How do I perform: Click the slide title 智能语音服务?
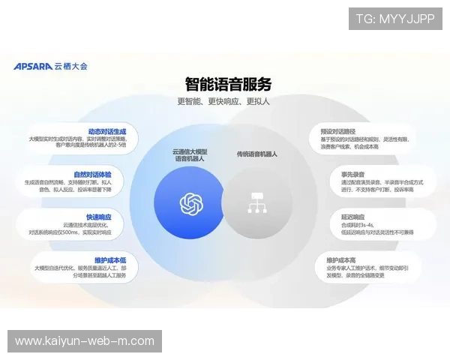tap(228, 84)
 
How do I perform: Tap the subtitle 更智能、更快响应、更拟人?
tap(223, 101)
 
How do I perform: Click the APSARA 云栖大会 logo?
tap(50, 66)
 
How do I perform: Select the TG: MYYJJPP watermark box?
tap(395, 19)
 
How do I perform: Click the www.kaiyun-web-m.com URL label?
tap(84, 341)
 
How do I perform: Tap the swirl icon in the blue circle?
tap(191, 203)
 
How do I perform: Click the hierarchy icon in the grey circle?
tap(256, 203)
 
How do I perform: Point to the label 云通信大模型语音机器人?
tap(190, 155)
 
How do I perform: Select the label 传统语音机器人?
tap(257, 154)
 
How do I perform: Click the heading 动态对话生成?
tap(106, 130)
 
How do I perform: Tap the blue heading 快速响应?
tap(98, 217)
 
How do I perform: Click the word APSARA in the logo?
tap(32, 66)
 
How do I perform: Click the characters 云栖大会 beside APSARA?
tap(70, 66)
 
